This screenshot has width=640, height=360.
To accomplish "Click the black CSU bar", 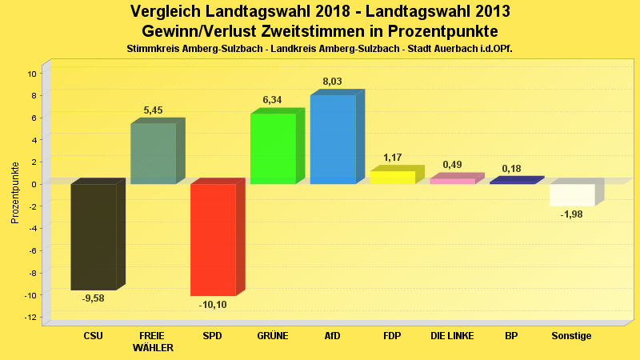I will point(94,236).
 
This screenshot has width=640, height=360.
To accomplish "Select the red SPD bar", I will point(213,239).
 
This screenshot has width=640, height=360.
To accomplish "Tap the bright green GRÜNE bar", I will point(273,149).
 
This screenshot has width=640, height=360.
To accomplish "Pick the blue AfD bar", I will point(333,140).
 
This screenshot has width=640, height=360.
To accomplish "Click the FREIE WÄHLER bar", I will point(153,154).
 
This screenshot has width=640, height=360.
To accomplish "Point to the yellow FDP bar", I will point(392,178).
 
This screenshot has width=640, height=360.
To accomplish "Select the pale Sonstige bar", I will point(572,194).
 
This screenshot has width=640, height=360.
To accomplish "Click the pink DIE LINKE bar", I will point(452,181).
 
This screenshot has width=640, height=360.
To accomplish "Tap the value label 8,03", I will point(332,82).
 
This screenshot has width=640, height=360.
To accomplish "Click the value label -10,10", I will point(213,305).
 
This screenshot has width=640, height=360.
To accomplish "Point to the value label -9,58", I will point(94,298).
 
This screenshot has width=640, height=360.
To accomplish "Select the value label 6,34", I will point(272,100).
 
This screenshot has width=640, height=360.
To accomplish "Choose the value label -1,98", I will point(572,214).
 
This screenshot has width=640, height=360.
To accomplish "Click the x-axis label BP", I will point(511,336).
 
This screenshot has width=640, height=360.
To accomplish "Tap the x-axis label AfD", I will point(332,336).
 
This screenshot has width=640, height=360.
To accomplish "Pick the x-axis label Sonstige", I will point(571,336).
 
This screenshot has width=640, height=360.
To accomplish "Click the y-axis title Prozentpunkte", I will point(15,194).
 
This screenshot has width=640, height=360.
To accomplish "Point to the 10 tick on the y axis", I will point(33,74).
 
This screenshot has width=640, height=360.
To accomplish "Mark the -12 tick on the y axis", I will point(31,318).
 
